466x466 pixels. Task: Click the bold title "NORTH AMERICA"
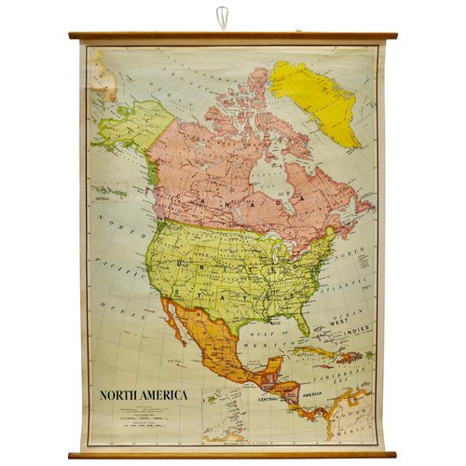144,394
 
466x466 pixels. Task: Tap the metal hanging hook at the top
221,18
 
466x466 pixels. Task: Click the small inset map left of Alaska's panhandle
110,193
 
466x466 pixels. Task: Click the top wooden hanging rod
233,36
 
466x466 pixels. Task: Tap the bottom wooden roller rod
233,455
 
